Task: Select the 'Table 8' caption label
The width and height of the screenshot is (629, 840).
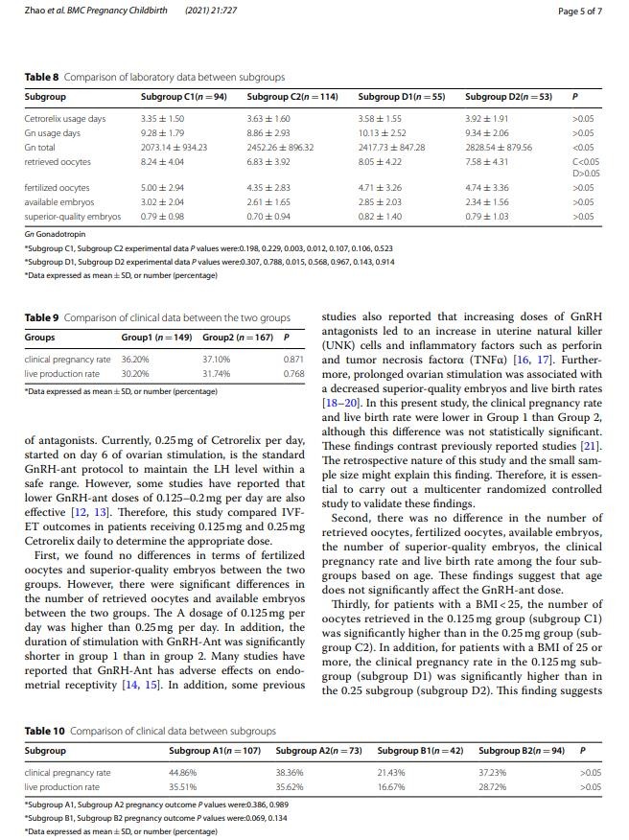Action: (x=41, y=77)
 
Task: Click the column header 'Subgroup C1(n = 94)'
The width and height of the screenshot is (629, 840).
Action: (x=183, y=97)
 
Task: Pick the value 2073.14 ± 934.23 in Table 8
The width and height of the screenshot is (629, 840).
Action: (x=174, y=148)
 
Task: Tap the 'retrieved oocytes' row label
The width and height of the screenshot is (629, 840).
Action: (x=57, y=162)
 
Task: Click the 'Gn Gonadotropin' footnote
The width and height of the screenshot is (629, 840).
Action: (x=55, y=233)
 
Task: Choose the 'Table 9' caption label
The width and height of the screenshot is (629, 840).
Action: (x=41, y=317)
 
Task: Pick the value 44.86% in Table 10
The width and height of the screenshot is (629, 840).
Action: (x=182, y=772)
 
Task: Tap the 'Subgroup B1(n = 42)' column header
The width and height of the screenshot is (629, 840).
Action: (x=420, y=750)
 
